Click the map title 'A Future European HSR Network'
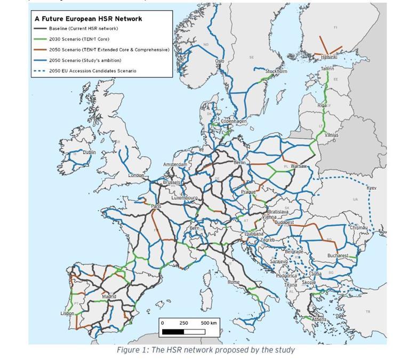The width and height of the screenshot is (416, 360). coord(88,19)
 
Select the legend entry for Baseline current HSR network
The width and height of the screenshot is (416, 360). coord(83,28)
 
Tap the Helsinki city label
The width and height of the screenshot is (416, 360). coord(329,57)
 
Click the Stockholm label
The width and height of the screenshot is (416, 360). coord(276,71)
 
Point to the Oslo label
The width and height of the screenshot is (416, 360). coord(219,61)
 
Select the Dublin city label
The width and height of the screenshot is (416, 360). coord(89,152)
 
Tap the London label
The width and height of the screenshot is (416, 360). coord(136,175)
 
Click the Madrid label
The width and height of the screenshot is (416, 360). coord(109,297)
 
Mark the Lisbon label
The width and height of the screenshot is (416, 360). coord(67,313)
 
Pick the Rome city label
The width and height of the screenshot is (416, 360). coord(234,282)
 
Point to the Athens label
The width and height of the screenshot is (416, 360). coord(319,319)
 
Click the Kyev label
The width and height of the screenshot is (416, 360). coord(371,188)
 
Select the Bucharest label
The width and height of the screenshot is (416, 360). coord(338,255)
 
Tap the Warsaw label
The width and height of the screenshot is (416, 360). coord(299,166)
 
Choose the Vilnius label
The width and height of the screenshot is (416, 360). coord(331,135)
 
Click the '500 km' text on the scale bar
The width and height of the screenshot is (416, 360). coord(209,323)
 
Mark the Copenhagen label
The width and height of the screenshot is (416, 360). coord(234,121)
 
